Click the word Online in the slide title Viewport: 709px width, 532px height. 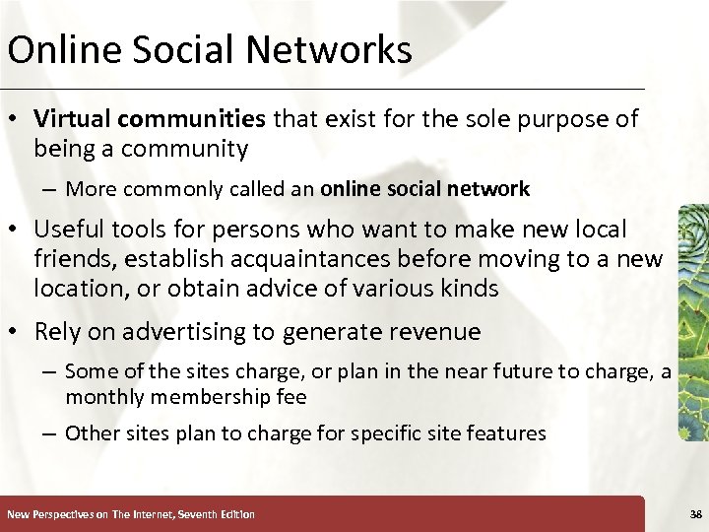click(x=54, y=49)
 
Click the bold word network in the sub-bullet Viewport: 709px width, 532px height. click(x=495, y=188)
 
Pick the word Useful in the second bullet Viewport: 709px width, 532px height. click(x=68, y=230)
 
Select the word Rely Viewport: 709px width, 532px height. click(x=57, y=332)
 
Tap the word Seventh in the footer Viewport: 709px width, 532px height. click(x=185, y=514)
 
